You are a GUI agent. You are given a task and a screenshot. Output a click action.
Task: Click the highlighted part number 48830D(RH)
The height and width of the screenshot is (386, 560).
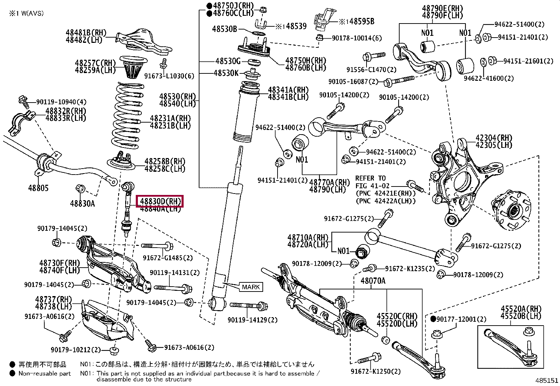point(160,201)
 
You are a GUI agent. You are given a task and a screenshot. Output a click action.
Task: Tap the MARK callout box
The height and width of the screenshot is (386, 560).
point(251,287)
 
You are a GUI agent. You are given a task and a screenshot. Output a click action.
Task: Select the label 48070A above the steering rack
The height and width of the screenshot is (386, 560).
point(373,281)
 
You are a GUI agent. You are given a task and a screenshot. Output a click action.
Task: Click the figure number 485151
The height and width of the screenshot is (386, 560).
point(547,381)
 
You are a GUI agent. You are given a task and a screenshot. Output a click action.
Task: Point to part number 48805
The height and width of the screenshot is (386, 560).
point(38,188)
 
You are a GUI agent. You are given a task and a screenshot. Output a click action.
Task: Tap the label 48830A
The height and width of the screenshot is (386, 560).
point(82,203)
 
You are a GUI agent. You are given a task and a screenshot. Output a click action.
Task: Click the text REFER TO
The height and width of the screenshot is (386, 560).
point(370,178)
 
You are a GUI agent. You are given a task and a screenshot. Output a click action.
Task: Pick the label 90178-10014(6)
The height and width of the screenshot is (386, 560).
point(357,38)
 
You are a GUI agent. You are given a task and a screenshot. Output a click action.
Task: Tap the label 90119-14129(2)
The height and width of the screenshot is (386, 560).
point(252,320)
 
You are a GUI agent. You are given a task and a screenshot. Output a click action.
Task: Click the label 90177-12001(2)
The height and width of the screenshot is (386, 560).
point(461,319)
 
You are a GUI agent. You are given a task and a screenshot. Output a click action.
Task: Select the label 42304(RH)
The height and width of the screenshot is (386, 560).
point(494,138)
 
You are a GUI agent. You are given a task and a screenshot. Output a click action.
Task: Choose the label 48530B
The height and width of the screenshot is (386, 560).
point(224,29)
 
